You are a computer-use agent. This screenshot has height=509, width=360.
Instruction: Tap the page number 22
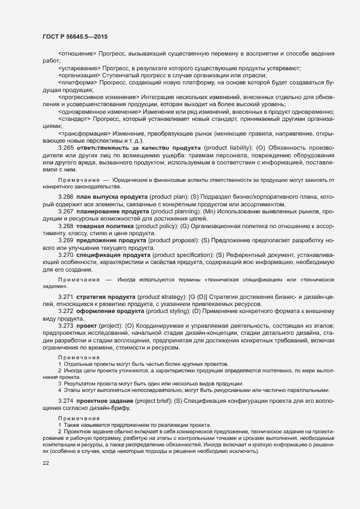46,463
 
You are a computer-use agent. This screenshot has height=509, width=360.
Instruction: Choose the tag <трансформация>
84,133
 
